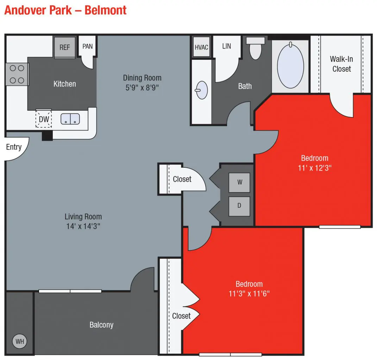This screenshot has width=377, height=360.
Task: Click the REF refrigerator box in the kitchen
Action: pyautogui.click(x=65, y=47)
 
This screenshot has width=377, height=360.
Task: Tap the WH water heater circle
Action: pyautogui.click(x=20, y=341)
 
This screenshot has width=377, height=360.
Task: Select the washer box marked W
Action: pyautogui.click(x=239, y=182)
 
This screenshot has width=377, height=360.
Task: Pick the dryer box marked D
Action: pyautogui.click(x=239, y=206)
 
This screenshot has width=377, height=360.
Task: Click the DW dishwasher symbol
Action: pyautogui.click(x=44, y=119)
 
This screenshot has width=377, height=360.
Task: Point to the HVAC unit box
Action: pyautogui.click(x=201, y=47)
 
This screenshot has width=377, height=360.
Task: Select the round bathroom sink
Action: pyautogui.click(x=201, y=90)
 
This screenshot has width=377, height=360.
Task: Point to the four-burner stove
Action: pyautogui.click(x=17, y=74)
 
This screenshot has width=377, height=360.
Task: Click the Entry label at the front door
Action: pyautogui.click(x=14, y=147)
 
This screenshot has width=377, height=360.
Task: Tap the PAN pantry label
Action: pyautogui.click(x=87, y=46)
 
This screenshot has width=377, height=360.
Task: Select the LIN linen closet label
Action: pyautogui.click(x=227, y=46)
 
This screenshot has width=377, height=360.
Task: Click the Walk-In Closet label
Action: pyautogui.click(x=341, y=64)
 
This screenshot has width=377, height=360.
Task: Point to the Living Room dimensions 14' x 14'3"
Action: pyautogui.click(x=83, y=226)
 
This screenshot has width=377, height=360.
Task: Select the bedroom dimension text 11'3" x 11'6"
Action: pyautogui.click(x=249, y=293)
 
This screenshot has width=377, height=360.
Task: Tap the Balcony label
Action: pyautogui.click(x=101, y=325)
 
